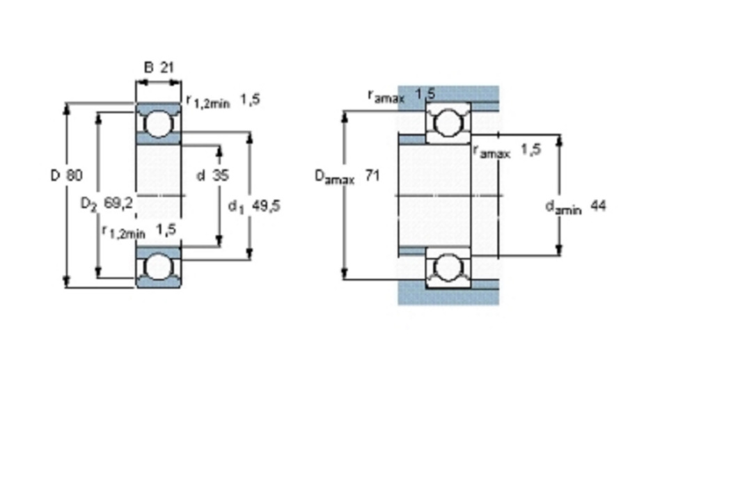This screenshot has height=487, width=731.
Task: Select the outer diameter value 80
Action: tap(74, 175)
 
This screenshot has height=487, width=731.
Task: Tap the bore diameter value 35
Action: tap(221, 175)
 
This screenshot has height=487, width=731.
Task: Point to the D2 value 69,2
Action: tap(118, 203)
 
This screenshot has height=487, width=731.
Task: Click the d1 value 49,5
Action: tap(266, 205)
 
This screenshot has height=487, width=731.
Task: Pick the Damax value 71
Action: tap(372, 175)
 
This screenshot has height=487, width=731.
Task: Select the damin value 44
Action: tap(598, 205)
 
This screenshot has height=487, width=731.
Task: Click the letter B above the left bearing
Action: tap(149, 67)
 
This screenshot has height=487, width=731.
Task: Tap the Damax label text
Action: tap(334, 177)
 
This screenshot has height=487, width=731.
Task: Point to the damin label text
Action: tap(563, 207)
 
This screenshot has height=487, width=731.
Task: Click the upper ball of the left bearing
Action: tap(158, 124)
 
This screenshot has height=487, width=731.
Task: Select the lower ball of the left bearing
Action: tap(158, 267)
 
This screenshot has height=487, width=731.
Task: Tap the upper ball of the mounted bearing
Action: tap(448, 122)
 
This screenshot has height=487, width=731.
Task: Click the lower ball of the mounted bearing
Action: tap(448, 267)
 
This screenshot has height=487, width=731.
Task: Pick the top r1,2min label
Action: tap(208, 101)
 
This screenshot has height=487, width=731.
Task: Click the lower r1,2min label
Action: tap(123, 231)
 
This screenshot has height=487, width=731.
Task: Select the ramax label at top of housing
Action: tap(386, 96)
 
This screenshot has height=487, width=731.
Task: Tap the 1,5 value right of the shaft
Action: tap(530, 150)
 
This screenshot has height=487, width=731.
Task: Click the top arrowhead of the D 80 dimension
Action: tap(66, 109)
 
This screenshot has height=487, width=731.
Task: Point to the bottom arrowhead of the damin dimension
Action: tap(560, 250)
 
